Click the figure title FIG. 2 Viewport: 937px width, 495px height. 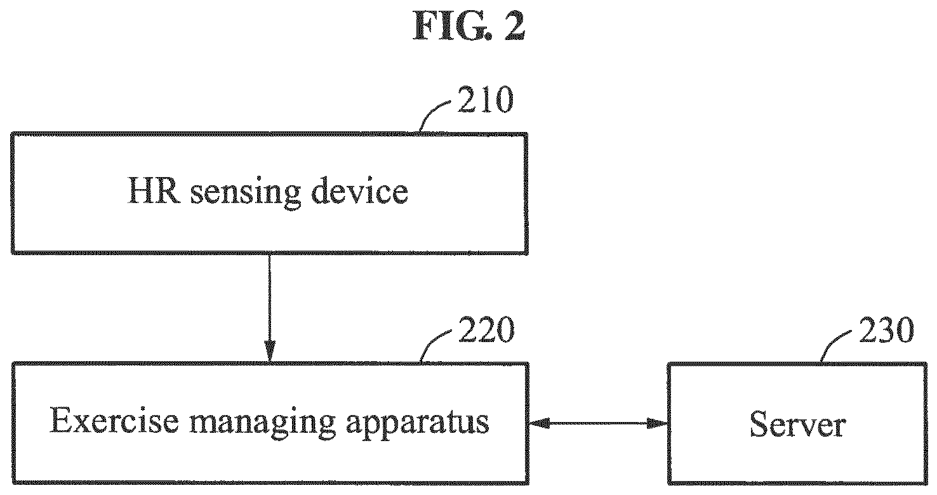pos(469,25)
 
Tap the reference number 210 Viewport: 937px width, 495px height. pos(485,100)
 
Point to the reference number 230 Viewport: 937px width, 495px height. pos(886,330)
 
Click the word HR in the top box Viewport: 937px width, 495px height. pos(154,190)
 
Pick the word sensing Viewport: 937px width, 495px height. pos(246,193)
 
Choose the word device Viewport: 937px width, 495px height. pos(360,190)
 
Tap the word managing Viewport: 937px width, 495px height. pos(263,423)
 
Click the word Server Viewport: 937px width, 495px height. pos(798,425)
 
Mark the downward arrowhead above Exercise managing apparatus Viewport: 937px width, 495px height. pos(270,351)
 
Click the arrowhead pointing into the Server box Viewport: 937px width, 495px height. pos(657,423)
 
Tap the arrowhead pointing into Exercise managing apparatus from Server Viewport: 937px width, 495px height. pos(540,423)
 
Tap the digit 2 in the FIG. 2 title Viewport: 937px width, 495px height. pos(514,26)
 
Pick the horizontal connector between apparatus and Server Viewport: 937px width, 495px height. pos(598,423)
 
